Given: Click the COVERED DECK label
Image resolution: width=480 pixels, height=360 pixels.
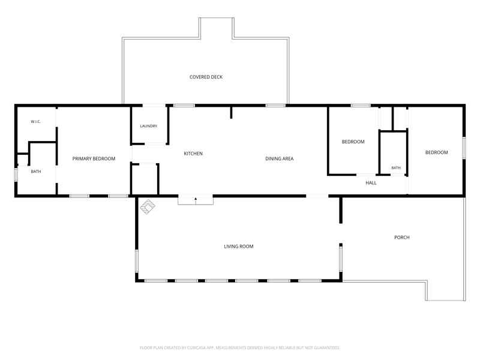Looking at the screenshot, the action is (x=206, y=77).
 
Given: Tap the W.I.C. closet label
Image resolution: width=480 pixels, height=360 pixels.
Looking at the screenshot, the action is (x=36, y=122).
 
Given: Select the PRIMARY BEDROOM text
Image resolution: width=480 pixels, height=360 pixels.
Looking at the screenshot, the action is (x=94, y=158).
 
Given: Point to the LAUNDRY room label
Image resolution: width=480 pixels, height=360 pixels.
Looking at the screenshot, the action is (x=149, y=126).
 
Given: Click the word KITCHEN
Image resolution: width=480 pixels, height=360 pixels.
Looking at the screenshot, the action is (x=193, y=154).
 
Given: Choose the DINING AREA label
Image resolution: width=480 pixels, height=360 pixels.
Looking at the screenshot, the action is (x=280, y=158).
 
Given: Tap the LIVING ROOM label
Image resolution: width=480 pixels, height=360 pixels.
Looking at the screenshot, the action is (x=239, y=247).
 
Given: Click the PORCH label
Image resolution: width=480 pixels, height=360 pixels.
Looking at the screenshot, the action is (x=402, y=237).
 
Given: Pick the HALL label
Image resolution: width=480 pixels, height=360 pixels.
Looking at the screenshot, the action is (x=371, y=183).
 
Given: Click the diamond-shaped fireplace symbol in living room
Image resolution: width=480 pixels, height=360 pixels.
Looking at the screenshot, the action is (x=148, y=206).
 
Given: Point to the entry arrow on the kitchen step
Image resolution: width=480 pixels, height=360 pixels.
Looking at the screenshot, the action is (x=196, y=201).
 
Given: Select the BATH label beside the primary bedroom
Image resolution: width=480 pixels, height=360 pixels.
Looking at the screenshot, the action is (x=36, y=172).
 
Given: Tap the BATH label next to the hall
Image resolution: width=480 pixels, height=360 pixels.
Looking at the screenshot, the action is (x=396, y=168).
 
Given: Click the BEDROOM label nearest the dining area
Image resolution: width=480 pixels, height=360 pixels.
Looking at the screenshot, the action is (x=353, y=142).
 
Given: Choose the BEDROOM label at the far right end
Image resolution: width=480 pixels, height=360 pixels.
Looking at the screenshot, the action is (x=437, y=152).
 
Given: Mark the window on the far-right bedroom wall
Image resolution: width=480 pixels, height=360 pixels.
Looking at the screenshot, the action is (x=464, y=148).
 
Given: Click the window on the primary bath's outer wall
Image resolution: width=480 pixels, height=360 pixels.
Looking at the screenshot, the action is (x=16, y=175).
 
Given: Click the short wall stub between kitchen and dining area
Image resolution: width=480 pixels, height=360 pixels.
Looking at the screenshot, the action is (x=231, y=112).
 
